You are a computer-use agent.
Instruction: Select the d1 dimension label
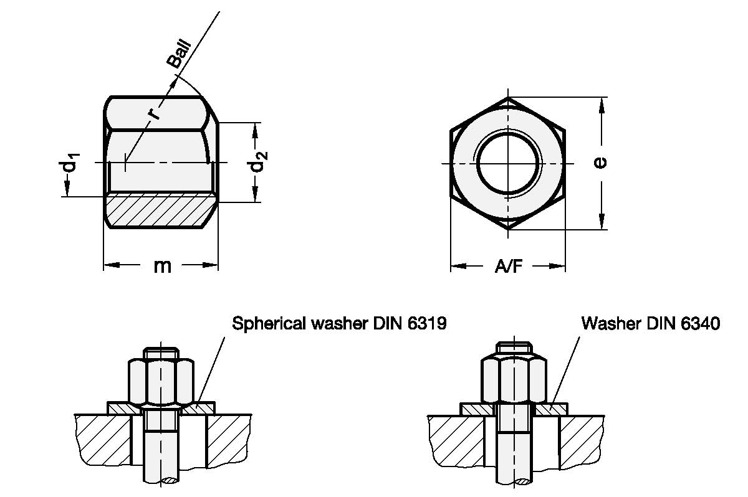69,164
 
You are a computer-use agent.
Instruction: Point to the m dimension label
162,266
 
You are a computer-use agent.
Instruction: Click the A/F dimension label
508,267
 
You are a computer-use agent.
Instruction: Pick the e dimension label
600,163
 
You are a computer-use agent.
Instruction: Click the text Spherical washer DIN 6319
339,324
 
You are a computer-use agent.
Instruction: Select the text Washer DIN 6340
651,324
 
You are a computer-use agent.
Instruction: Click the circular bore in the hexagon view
508,163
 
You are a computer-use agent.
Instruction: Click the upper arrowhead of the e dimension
602,106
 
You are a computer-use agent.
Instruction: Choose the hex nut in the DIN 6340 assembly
515,380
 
